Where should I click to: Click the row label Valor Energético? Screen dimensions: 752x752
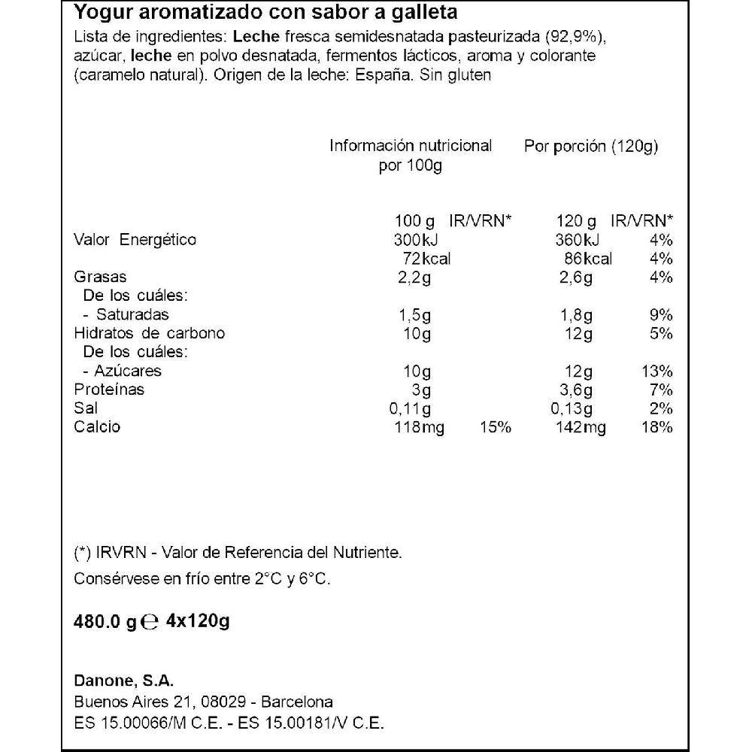[135, 240]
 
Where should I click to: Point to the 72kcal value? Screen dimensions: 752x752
[427, 259]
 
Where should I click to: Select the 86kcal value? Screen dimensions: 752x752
[588, 259]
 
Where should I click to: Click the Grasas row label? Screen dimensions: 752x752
[100, 277]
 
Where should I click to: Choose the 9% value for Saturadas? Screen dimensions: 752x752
[663, 315]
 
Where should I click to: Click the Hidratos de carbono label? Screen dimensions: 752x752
[149, 334]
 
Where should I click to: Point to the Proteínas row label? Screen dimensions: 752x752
[109, 390]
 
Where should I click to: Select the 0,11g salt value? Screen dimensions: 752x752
[410, 409]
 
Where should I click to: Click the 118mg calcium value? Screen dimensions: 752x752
[419, 428]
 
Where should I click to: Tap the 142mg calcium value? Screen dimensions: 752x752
[580, 428]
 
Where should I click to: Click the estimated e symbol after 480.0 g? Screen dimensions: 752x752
[150, 622]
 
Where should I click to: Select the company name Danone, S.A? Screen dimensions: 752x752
[124, 681]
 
